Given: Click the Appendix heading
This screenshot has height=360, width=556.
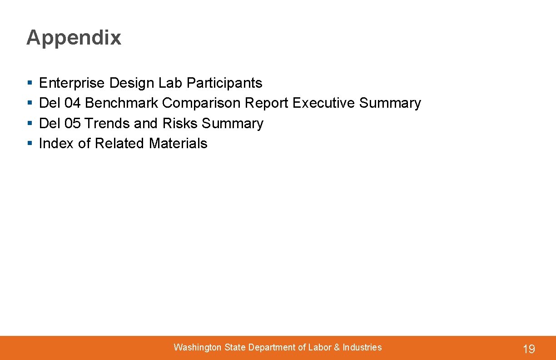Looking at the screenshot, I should pos(74,38).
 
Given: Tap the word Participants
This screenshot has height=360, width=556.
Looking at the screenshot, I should pos(224,83).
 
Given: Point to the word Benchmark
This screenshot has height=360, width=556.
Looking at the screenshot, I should pos(122,103).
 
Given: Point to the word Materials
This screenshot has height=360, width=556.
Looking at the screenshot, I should pos(178,144).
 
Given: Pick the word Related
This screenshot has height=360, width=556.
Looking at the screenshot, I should pos(120,144).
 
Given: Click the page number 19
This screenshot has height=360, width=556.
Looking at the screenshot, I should pos(529,349).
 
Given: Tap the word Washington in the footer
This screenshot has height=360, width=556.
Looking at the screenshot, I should pos(198,348).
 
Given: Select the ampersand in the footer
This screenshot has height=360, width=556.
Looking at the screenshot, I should pos(337,348).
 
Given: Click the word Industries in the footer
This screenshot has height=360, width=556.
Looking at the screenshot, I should pos(362,348).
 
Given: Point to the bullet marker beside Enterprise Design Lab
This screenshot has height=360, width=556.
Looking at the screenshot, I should pos(30,84).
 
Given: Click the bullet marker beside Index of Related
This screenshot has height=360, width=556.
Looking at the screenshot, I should pos(30,144).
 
